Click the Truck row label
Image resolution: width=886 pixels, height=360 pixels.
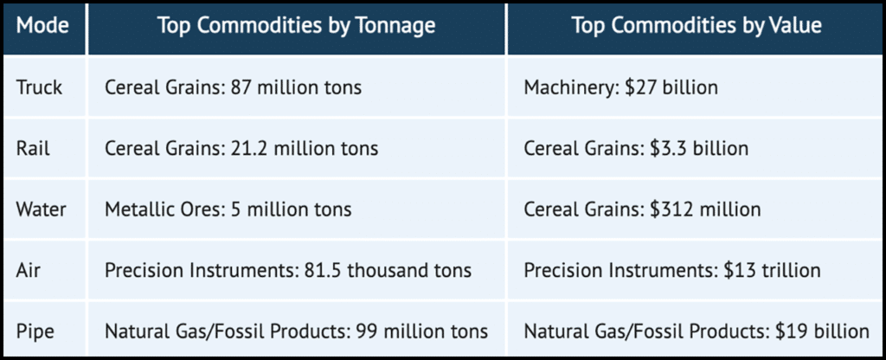tap(40, 87)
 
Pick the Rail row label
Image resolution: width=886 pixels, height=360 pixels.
tap(34, 148)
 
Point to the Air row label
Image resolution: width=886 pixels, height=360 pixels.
tap(29, 270)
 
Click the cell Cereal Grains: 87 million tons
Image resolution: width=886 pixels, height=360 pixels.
tap(234, 87)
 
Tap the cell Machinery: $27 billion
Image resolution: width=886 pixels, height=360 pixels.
tap(621, 87)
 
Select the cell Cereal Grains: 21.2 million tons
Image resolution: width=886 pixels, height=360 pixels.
tap(241, 148)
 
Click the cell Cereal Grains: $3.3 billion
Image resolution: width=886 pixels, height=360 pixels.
tap(636, 148)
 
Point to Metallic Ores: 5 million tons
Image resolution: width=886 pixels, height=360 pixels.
tap(228, 209)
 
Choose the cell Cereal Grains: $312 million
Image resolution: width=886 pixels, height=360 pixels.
tap(642, 209)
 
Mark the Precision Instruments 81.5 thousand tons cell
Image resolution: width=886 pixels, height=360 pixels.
tap(288, 270)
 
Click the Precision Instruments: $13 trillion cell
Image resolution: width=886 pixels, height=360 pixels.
tap(672, 270)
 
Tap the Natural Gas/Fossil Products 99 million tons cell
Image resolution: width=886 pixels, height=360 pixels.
tap(296, 331)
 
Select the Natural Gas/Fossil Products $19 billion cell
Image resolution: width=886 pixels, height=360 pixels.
tap(697, 331)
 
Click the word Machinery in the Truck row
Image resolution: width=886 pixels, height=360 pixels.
tap(564, 87)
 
